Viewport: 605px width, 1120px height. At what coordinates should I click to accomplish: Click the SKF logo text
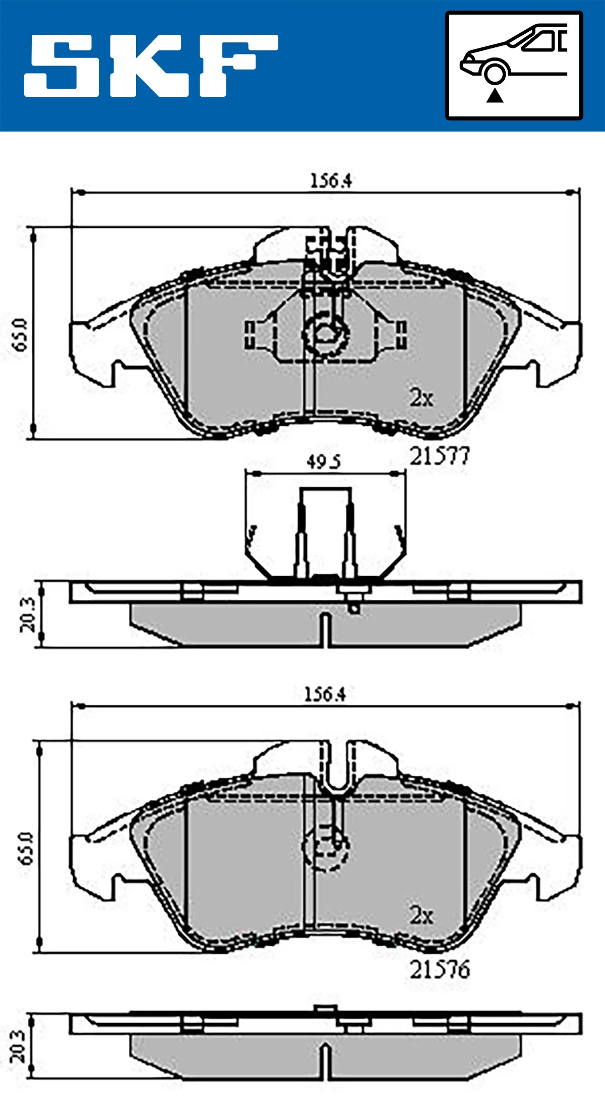click(x=151, y=66)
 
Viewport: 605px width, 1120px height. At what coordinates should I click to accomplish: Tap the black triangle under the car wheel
click(x=495, y=95)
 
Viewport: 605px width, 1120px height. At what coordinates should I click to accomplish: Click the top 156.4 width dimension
click(x=330, y=181)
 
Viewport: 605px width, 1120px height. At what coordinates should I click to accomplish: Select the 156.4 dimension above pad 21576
click(x=325, y=695)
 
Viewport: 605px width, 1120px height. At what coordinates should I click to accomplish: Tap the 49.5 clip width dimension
click(x=323, y=462)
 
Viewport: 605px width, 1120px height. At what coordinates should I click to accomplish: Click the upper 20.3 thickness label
click(x=28, y=614)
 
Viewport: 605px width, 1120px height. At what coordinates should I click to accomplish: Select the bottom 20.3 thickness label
click(x=17, y=1046)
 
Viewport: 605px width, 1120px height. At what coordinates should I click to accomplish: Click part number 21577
click(x=439, y=457)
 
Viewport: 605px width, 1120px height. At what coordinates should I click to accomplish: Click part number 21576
click(x=439, y=970)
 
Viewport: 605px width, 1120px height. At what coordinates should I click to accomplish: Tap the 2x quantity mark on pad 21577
click(x=421, y=398)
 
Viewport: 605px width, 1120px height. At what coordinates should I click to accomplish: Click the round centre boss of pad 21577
click(x=326, y=334)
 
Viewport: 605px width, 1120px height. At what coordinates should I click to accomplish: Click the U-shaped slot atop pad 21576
click(x=336, y=766)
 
